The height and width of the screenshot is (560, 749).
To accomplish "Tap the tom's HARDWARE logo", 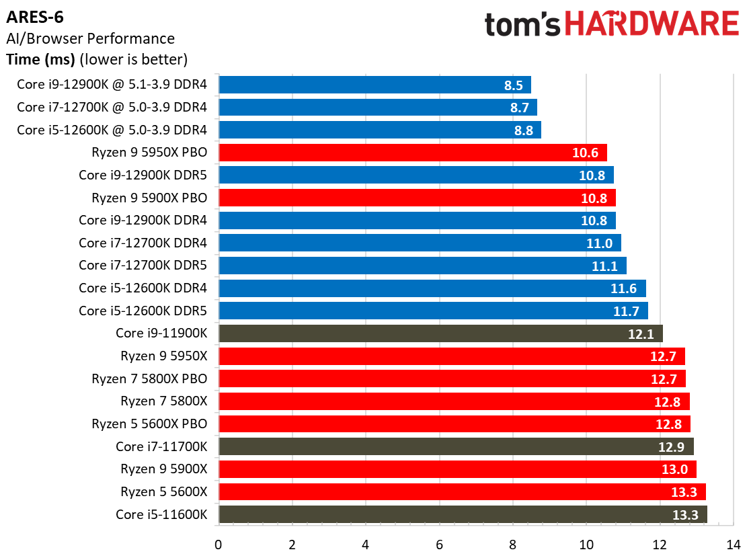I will click(611, 25).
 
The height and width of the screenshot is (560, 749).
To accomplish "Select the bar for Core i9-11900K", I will click(440, 333).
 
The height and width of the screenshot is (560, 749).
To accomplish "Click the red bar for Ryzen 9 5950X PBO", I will click(412, 153).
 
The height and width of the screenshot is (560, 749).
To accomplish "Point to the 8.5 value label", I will click(514, 85).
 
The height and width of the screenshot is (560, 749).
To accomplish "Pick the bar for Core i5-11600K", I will click(463, 515).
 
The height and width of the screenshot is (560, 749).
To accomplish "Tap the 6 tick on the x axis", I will click(439, 543).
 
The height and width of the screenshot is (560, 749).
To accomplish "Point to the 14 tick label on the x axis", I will click(733, 543).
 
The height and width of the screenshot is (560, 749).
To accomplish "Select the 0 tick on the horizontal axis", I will click(219, 543).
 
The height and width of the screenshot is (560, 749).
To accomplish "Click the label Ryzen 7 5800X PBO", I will click(149, 378).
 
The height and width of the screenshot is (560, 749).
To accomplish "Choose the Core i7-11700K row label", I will click(161, 446).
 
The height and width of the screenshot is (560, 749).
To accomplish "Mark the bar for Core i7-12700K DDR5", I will click(422, 266).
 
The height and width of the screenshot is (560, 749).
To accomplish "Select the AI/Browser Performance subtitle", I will click(90, 38).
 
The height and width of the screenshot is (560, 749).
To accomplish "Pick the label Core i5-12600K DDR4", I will click(143, 288).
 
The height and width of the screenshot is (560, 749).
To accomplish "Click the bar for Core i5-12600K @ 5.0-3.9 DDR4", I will click(380, 130).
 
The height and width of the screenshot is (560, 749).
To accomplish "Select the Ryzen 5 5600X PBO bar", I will click(455, 424).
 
